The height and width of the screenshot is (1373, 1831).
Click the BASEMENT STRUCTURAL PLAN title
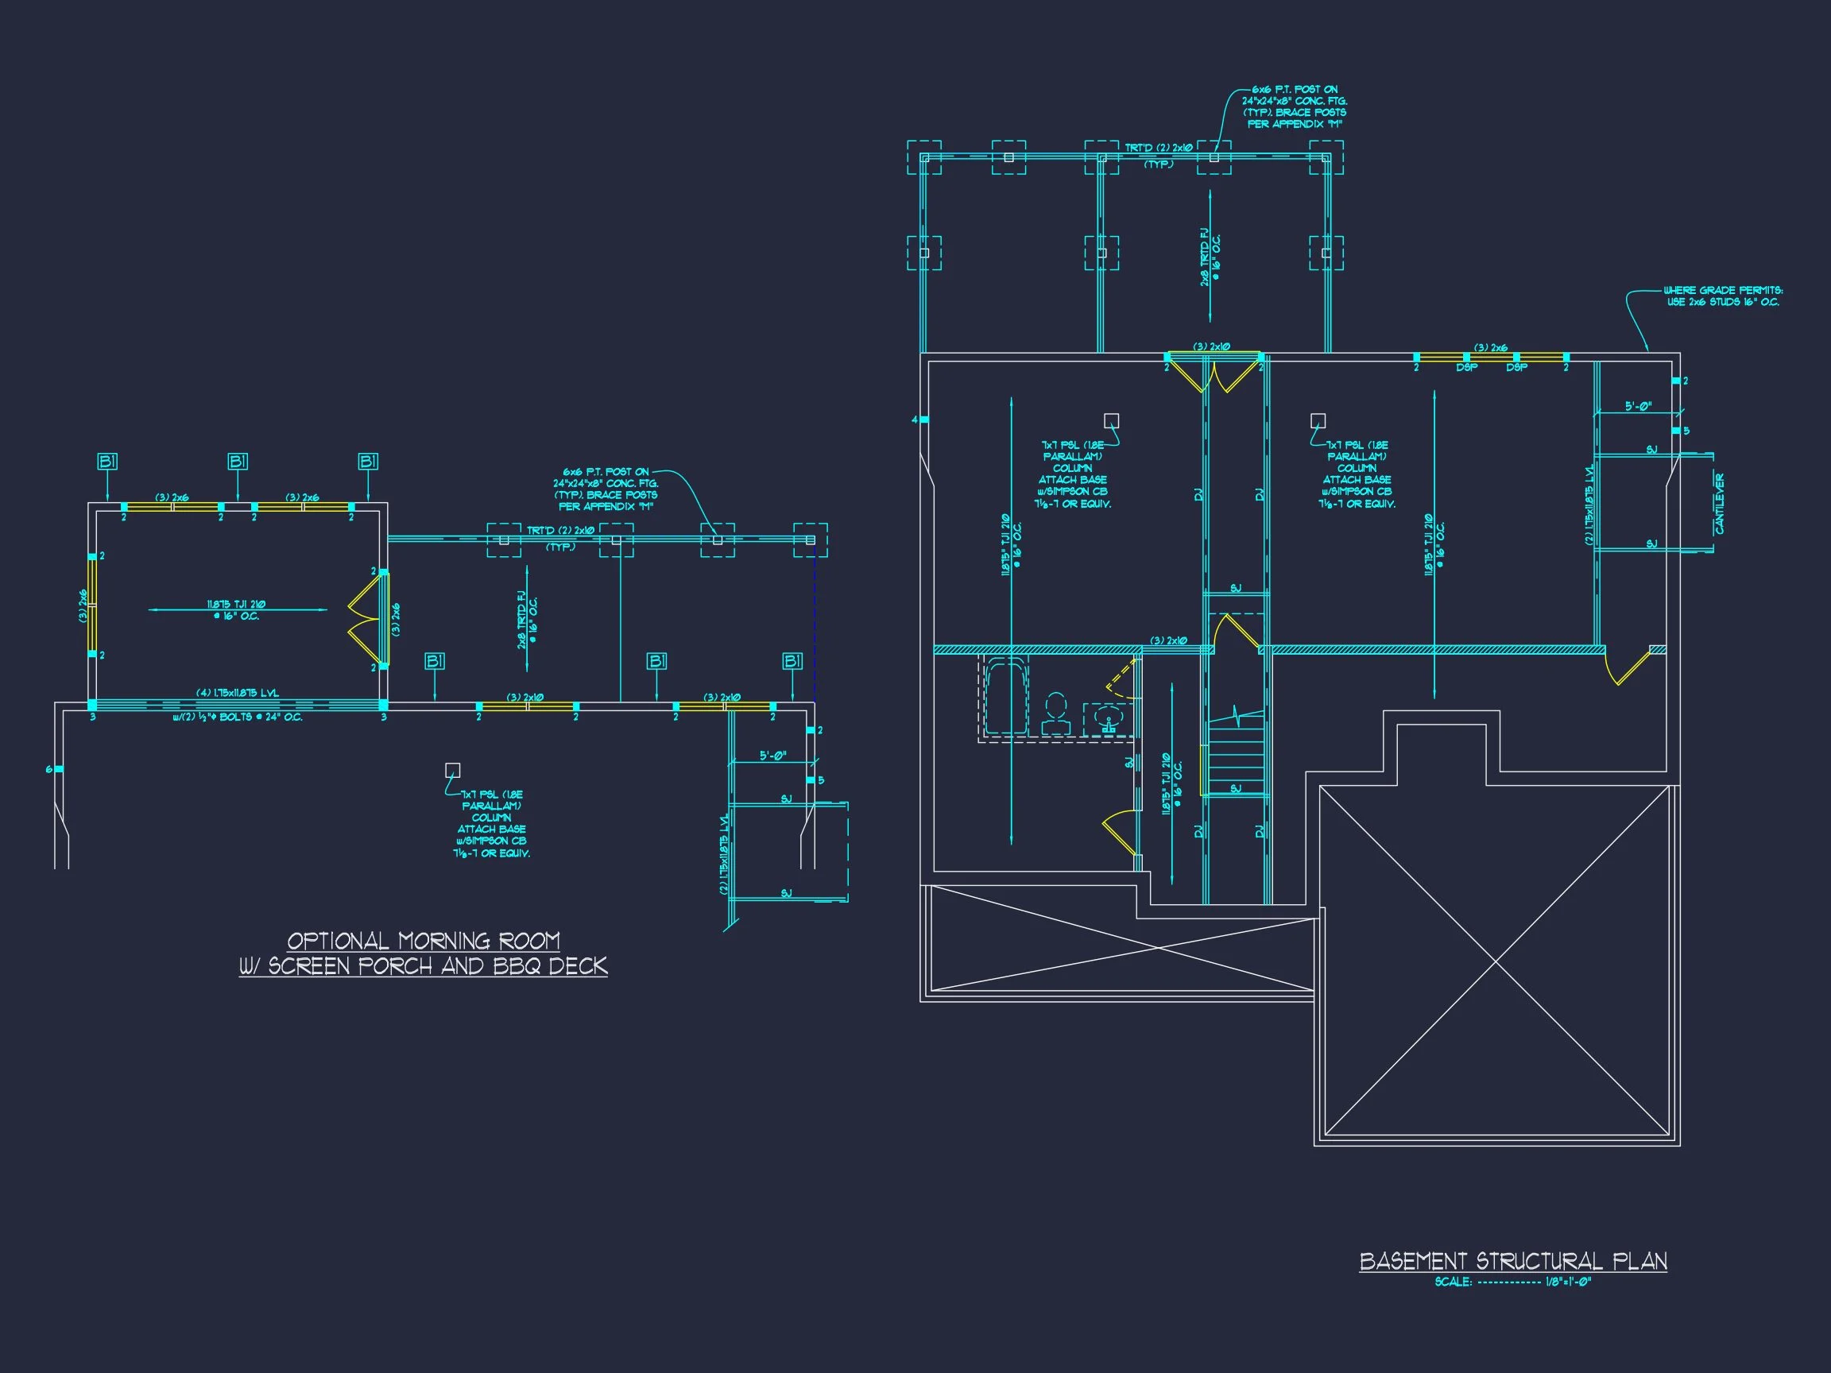1513,1260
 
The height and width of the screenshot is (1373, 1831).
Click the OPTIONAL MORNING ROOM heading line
423,941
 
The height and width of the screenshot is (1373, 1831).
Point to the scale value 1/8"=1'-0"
1569,1282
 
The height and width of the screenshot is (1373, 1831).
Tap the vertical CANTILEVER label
1719,503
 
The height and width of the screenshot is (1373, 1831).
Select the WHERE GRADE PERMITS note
1723,296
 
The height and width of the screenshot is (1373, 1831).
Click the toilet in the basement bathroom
1055,715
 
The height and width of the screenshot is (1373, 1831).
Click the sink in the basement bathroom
1109,718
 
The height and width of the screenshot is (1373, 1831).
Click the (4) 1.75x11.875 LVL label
237,693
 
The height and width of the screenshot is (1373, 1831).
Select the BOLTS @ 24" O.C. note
238,717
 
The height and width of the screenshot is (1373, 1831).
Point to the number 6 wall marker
48,770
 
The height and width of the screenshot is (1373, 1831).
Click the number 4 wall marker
915,420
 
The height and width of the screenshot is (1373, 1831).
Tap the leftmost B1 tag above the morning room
107,462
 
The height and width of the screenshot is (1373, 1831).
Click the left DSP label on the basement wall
1467,367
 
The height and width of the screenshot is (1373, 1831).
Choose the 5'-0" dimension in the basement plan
1638,406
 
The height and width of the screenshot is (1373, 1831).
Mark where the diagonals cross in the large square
1496,963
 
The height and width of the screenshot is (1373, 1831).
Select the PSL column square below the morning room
452,770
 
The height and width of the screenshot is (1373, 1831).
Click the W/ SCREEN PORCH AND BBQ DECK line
423,966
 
